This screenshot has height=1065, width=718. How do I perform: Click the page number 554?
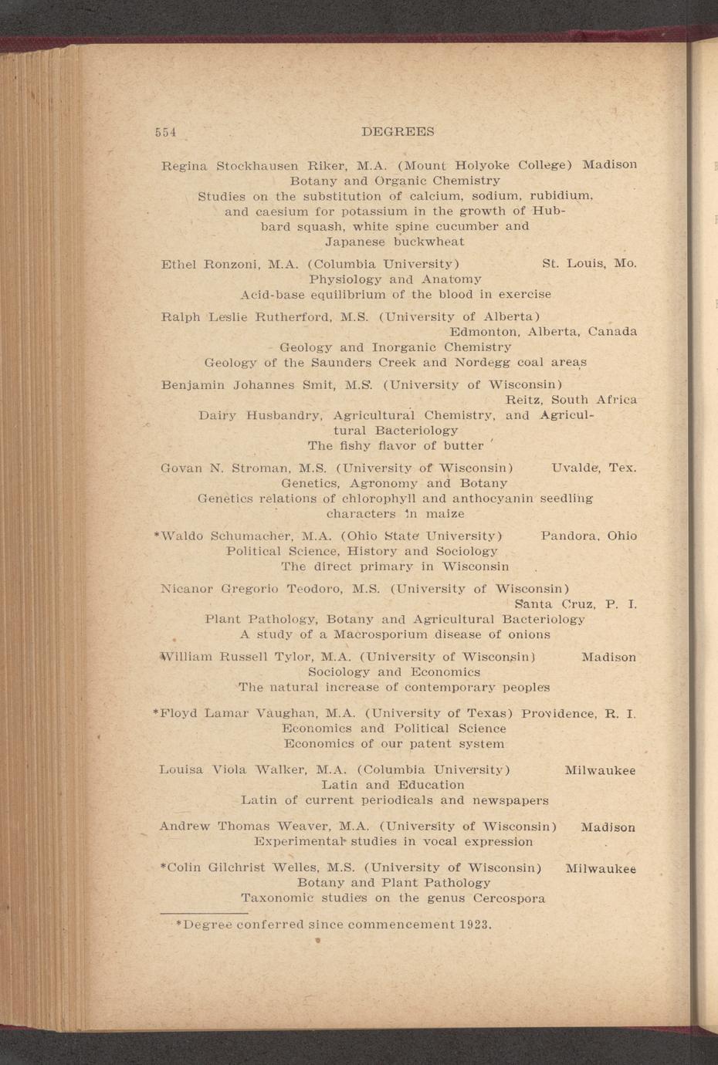[x=166, y=132]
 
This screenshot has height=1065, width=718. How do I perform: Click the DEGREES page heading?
[x=398, y=132]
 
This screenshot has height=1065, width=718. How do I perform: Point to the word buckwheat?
[x=428, y=242]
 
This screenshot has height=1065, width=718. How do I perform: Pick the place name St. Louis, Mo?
[x=590, y=264]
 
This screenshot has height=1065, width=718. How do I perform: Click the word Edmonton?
[x=485, y=332]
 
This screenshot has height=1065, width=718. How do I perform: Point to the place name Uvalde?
[x=577, y=468]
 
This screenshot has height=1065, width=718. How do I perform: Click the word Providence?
[x=558, y=714]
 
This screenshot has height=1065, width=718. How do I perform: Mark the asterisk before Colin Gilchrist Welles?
[x=163, y=867]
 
